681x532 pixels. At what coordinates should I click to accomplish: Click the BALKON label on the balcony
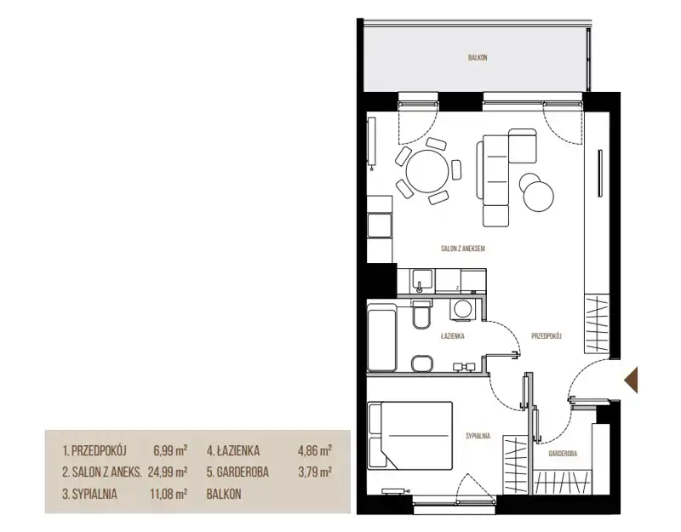[x=478, y=58]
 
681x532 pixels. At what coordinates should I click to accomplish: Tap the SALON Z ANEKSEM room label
[x=462, y=249]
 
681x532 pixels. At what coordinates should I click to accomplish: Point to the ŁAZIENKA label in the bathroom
[x=452, y=335]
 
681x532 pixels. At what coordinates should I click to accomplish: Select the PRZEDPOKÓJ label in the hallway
[x=547, y=335]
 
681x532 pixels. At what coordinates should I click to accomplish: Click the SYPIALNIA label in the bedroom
[x=478, y=436]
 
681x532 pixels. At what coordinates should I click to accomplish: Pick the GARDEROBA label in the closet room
[x=563, y=454]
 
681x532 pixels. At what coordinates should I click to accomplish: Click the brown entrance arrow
[x=631, y=380]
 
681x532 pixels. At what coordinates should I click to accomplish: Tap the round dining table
[x=427, y=171]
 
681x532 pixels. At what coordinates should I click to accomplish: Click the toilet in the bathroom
[x=421, y=315]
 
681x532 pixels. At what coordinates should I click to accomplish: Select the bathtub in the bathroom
[x=381, y=338]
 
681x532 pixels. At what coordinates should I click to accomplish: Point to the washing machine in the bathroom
[x=460, y=310]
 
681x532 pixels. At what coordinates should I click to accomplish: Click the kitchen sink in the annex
[x=422, y=281]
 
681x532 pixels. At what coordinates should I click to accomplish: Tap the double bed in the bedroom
[x=410, y=436]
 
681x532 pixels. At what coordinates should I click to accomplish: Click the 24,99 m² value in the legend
[x=168, y=472]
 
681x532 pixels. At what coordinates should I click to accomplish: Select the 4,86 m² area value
[x=315, y=451]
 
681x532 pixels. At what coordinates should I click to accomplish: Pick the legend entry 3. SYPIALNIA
[x=89, y=495]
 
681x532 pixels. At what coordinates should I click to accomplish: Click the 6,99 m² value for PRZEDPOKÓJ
[x=170, y=451]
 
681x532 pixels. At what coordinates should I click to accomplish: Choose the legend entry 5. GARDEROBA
[x=237, y=472]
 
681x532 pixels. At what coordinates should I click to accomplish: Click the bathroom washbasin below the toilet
[x=421, y=363]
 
